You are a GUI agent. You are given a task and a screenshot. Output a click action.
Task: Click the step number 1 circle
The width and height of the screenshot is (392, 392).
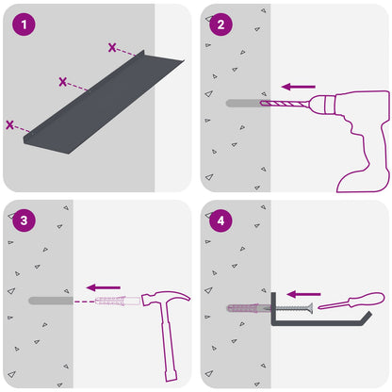point(24,24)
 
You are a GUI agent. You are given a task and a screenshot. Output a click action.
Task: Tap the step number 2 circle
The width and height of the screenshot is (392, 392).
point(220,24)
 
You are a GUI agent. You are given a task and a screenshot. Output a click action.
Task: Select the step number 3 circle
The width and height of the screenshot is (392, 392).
point(24,220)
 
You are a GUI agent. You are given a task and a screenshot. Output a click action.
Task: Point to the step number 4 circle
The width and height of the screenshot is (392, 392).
point(220,220)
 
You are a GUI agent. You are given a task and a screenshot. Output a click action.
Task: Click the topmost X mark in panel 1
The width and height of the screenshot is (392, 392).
point(112,47)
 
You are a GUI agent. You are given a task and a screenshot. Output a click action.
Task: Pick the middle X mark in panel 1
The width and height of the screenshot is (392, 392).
point(63,82)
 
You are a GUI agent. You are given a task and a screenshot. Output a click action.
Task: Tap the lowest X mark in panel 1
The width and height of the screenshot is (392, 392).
point(9,124)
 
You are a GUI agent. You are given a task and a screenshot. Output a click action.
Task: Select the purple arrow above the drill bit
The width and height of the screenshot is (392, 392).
point(299,87)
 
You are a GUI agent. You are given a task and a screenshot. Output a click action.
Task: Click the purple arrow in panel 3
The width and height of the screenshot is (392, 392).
point(104,287)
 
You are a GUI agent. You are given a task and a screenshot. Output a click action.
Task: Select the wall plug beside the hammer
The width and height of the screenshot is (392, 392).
point(118,301)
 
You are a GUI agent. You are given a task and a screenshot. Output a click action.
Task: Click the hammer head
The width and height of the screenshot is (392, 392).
point(165,298)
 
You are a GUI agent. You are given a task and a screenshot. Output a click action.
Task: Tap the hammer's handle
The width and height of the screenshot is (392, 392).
point(169,342)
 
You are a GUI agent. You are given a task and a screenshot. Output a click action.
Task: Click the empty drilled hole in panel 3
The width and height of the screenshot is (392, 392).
point(51,301)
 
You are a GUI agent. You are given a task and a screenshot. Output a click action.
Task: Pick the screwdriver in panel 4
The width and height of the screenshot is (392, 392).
point(351,301)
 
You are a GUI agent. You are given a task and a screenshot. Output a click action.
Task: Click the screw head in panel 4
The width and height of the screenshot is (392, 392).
point(309,308)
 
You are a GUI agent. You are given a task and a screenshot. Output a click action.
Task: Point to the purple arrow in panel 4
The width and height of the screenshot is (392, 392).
point(303,294)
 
